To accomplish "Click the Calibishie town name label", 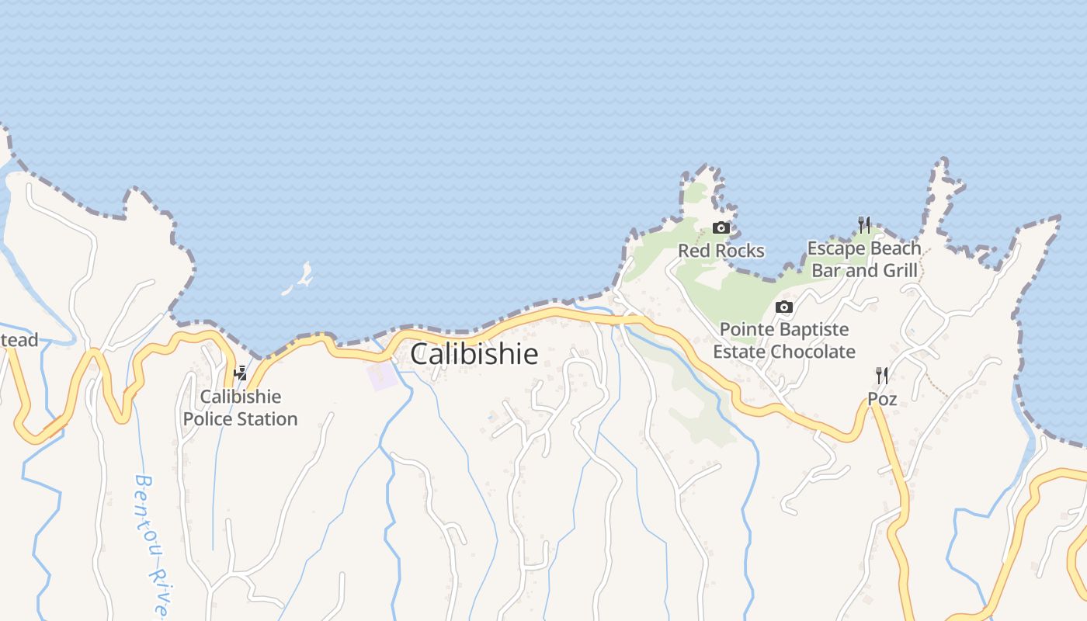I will tap(474, 354).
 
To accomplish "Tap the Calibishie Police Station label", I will tap(240, 408).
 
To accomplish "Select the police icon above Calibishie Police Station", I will tap(241, 373).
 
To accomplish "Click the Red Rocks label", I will tap(721, 251).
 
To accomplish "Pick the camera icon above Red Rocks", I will tap(721, 227).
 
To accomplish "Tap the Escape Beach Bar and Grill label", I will tap(864, 259).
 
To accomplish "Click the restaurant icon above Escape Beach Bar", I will tap(864, 225).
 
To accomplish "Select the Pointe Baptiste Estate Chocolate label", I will tap(784, 341).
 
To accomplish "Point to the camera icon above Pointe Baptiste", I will tap(784, 307).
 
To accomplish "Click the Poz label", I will tap(882, 399).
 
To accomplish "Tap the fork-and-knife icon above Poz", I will tap(882, 376).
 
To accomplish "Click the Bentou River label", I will tap(151, 543).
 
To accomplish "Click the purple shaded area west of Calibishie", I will tap(382, 376).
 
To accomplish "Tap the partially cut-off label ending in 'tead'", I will tap(19, 340).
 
